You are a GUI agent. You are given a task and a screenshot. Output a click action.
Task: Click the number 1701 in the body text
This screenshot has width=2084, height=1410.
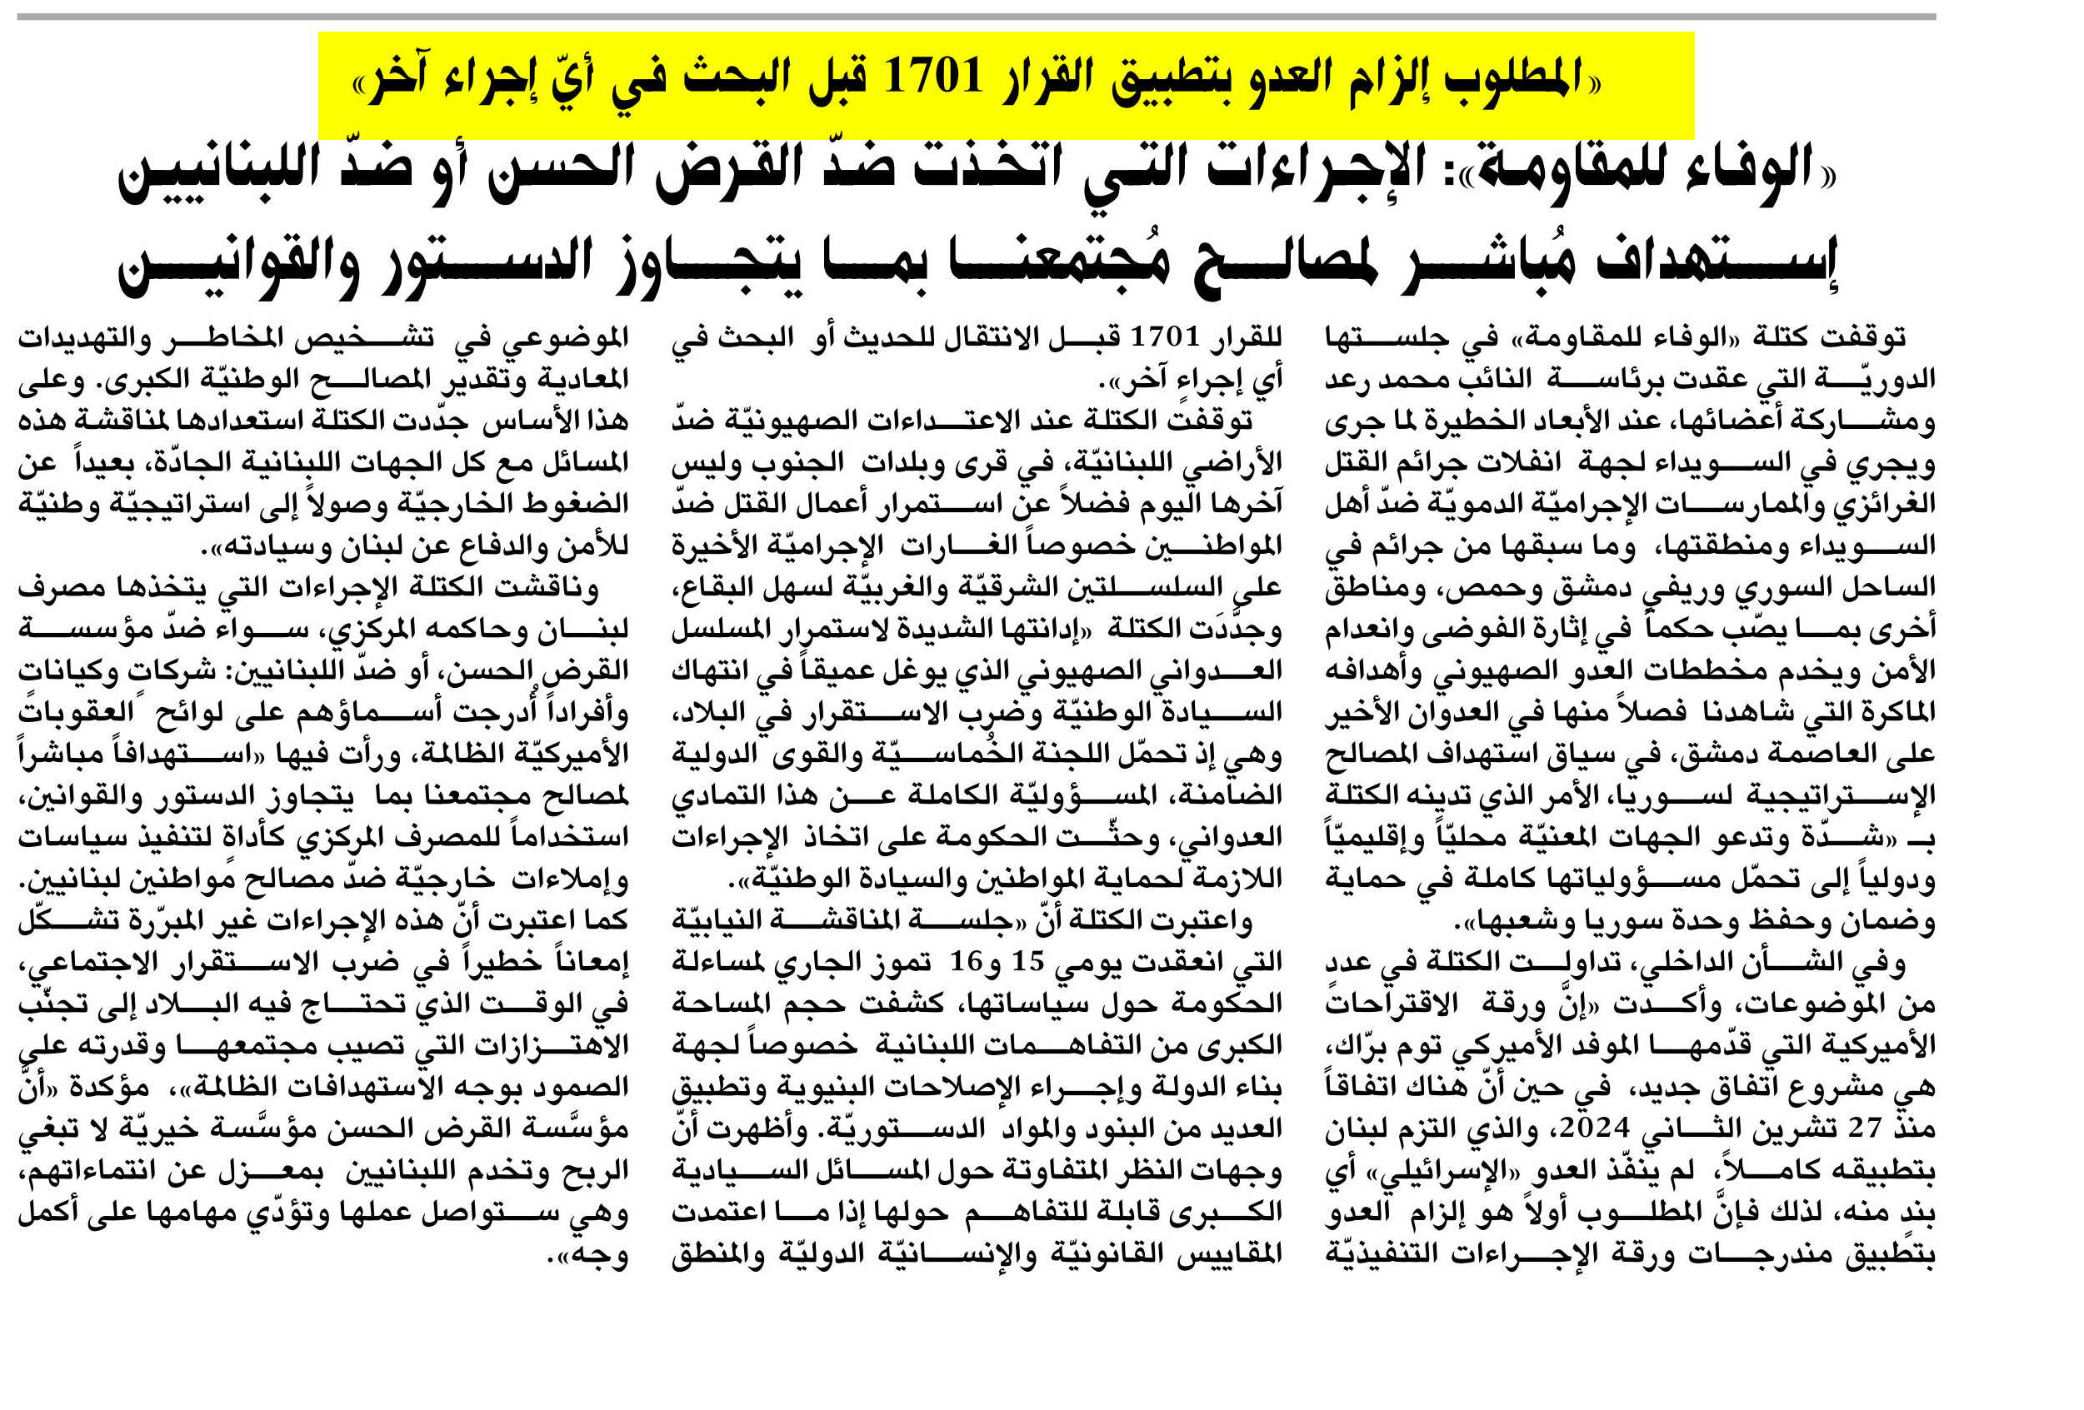[x=1163, y=338]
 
